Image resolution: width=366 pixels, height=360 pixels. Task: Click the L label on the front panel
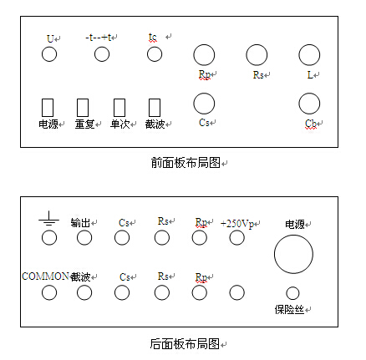tap(310, 75)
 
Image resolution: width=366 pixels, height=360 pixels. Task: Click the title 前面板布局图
tap(186, 163)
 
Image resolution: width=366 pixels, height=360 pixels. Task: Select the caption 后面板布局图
tap(186, 344)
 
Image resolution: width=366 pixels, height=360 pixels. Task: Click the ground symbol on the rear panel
tap(49, 218)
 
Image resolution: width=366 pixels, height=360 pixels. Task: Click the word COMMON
tap(45, 276)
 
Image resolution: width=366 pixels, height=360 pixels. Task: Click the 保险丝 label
tap(289, 310)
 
